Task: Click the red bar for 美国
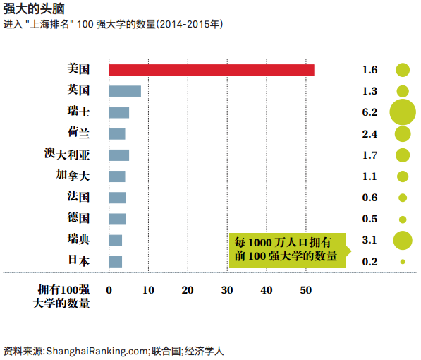[211, 69]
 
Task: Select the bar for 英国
[125, 90]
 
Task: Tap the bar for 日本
[115, 261]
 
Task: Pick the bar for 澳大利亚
[118, 155]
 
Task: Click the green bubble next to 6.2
[403, 112]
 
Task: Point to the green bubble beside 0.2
[403, 262]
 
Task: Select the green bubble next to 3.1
[403, 240]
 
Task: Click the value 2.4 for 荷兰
[370, 133]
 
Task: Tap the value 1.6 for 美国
[370, 70]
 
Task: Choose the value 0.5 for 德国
[370, 219]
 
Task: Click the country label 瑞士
[78, 112]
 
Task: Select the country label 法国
[78, 197]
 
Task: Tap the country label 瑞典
[78, 240]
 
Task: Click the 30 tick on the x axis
[227, 289]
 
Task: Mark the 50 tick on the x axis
[305, 289]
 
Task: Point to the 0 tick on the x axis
[109, 289]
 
